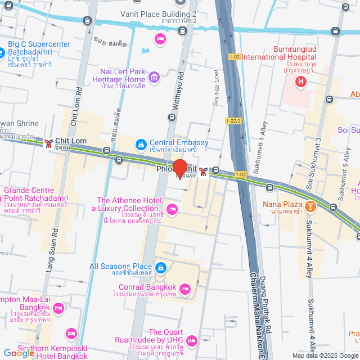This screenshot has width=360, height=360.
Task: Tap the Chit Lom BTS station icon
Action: tap(48, 142)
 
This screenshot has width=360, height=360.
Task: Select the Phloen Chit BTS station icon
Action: tap(202, 170)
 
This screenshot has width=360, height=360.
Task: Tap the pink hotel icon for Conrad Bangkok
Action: tap(187, 290)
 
